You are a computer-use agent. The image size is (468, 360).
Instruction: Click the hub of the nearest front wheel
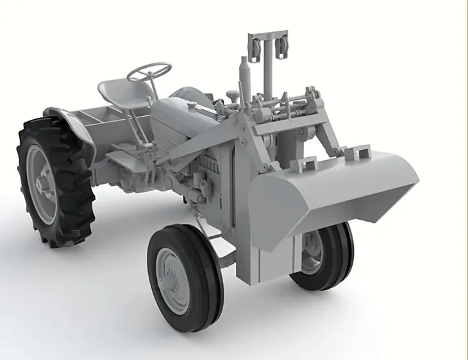(x=174, y=280)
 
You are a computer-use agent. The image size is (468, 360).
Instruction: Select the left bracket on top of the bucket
(x=305, y=165)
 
